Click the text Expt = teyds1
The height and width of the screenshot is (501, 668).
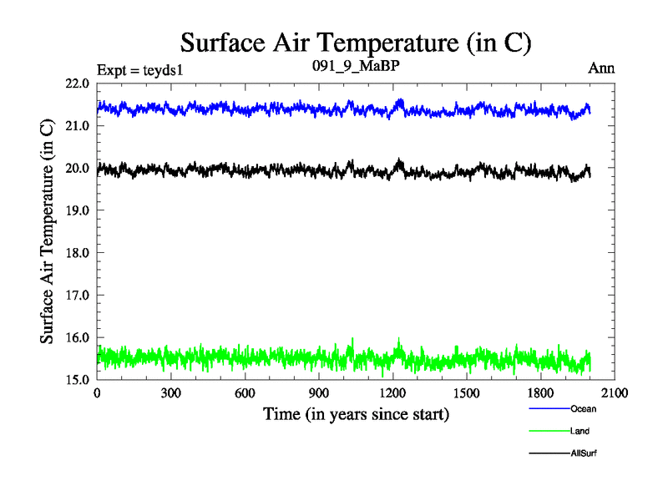[x=139, y=68]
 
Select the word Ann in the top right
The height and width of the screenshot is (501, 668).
[x=601, y=68]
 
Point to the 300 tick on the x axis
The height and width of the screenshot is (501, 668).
[x=171, y=393]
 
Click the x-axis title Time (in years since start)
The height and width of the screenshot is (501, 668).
[x=356, y=413]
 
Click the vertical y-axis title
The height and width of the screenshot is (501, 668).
[x=49, y=231]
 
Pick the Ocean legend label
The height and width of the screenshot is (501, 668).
[x=584, y=409]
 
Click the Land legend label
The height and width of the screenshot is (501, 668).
[x=580, y=431]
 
